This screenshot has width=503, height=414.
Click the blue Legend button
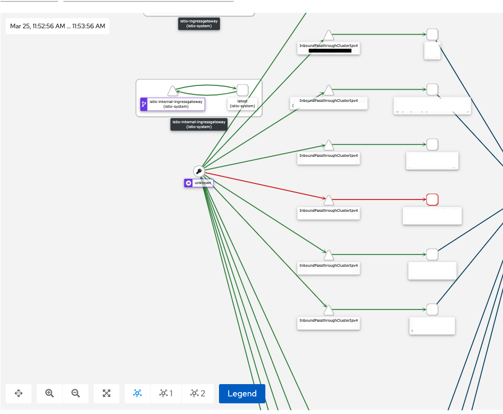(x=242, y=394)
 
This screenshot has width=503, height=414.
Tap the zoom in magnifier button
(x=50, y=394)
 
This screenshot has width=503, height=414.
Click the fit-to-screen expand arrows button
(x=107, y=394)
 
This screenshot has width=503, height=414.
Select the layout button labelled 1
(x=166, y=394)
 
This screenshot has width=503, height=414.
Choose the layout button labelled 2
(x=198, y=394)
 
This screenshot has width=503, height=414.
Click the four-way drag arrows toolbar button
(x=19, y=394)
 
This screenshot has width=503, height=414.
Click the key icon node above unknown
(x=199, y=171)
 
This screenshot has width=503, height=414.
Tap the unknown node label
(x=203, y=183)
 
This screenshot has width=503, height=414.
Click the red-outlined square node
(x=433, y=200)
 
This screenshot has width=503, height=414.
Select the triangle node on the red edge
(x=329, y=200)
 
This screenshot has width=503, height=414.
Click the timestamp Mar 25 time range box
(x=58, y=26)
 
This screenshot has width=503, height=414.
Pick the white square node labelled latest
(x=242, y=90)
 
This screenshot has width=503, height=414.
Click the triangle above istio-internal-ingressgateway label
(x=172, y=91)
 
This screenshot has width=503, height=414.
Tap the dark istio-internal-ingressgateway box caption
(x=199, y=124)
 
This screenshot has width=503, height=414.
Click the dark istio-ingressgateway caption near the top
(x=199, y=23)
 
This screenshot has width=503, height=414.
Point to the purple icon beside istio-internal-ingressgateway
(x=144, y=104)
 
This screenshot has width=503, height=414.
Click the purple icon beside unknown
(x=188, y=183)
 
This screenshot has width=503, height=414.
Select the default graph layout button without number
(x=137, y=394)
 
